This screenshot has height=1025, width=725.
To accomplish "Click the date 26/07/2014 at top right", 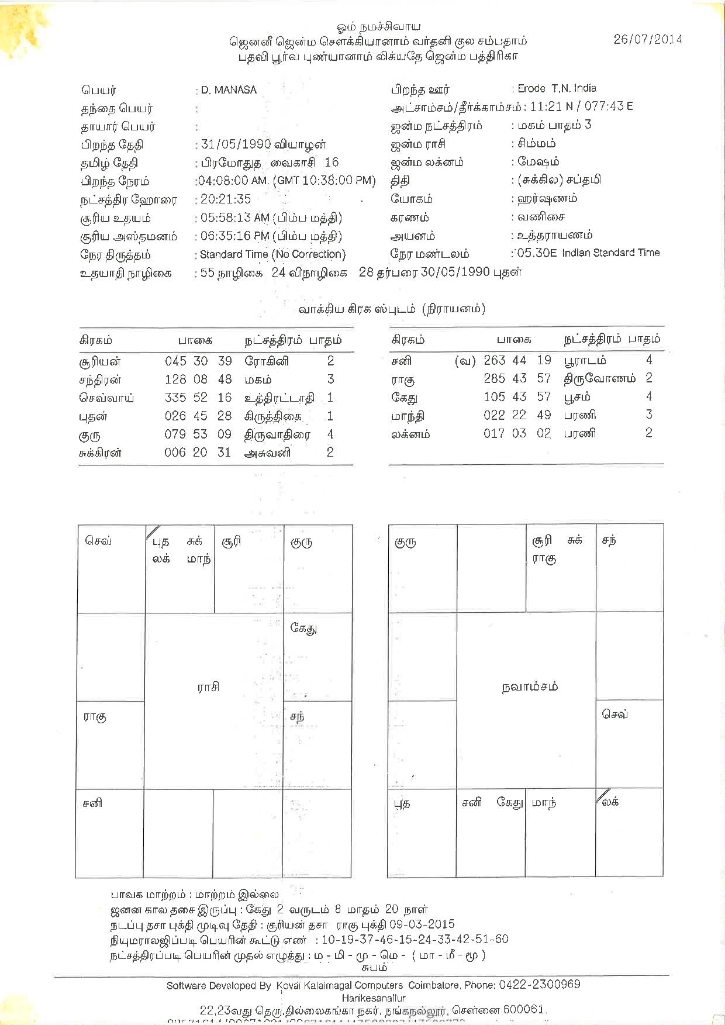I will (x=648, y=39).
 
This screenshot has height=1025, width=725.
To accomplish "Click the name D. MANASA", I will (x=229, y=90).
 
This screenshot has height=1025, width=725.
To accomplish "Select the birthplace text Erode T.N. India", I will (x=557, y=88).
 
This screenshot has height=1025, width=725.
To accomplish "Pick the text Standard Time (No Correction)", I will (x=272, y=254).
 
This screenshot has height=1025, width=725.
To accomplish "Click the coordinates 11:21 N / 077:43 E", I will (x=581, y=106).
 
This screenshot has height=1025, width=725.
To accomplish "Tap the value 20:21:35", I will (x=226, y=199).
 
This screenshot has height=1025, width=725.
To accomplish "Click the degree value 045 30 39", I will (x=198, y=361).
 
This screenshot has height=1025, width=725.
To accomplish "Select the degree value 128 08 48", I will (x=198, y=379).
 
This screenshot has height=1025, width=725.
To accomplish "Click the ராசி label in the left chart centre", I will (x=208, y=687).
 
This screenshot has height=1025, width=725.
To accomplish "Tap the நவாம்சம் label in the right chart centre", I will (x=530, y=686).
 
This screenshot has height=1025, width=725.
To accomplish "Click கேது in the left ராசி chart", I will (x=303, y=629).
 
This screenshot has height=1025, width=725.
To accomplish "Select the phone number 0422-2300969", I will (x=539, y=985).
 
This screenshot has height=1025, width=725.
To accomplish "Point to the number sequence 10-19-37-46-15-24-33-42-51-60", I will (x=415, y=940).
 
